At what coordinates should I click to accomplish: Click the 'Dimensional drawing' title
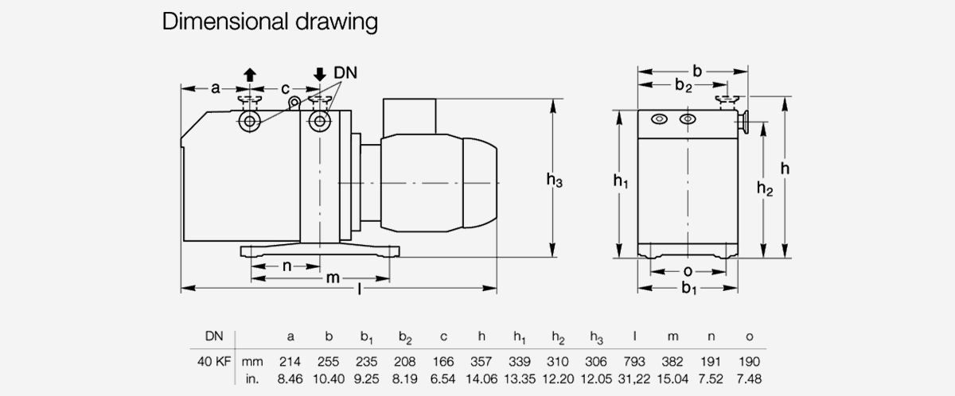click(269, 21)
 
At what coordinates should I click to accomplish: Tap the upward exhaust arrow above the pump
click(249, 75)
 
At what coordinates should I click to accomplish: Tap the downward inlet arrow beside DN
click(320, 75)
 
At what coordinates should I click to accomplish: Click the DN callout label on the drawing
click(345, 73)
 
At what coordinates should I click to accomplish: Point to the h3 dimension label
click(555, 181)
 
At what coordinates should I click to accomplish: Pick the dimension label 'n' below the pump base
click(286, 266)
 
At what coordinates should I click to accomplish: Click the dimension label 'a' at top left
click(215, 88)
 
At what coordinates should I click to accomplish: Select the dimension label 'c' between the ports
click(285, 88)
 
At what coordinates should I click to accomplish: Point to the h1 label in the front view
click(621, 181)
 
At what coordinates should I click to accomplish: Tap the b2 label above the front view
click(684, 85)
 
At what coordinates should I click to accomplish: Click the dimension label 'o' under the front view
click(688, 271)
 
